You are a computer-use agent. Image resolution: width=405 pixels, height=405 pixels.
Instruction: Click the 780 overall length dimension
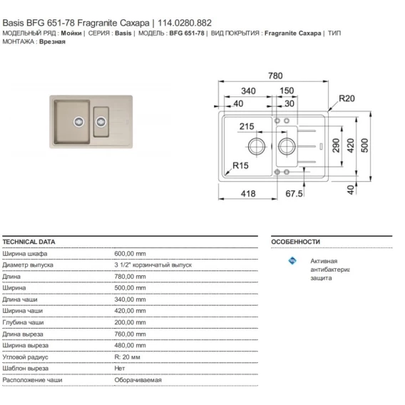click(x=275, y=76)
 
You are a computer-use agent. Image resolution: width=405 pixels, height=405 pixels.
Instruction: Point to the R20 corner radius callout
click(x=347, y=98)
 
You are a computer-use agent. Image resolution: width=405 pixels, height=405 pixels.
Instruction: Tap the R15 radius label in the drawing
click(x=240, y=165)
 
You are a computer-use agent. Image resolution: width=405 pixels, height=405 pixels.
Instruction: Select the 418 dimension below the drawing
click(x=248, y=193)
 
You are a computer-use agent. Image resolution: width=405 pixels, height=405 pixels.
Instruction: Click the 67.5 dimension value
click(x=294, y=193)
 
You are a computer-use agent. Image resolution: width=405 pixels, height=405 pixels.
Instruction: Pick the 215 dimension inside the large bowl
click(x=247, y=126)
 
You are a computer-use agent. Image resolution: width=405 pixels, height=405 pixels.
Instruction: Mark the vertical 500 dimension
click(x=364, y=145)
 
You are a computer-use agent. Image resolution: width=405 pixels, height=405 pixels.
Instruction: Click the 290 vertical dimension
click(x=336, y=145)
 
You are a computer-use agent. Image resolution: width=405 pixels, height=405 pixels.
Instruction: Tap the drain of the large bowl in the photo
click(x=78, y=122)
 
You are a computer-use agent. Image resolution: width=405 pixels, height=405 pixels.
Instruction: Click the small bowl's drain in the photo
click(x=101, y=122)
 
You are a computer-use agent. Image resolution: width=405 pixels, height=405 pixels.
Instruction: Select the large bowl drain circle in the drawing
click(x=257, y=146)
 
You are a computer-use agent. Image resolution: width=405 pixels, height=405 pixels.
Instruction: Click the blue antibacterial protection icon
click(x=292, y=261)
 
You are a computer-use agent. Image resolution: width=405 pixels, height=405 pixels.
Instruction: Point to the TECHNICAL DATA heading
click(x=29, y=242)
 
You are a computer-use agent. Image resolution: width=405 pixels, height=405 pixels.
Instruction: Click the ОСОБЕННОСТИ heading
click(x=295, y=242)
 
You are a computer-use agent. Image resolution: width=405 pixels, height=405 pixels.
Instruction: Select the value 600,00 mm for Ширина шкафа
click(x=130, y=254)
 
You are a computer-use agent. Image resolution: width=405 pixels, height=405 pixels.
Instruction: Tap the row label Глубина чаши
click(x=23, y=322)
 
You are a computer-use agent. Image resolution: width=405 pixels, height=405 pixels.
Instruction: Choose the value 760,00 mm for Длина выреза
click(x=130, y=334)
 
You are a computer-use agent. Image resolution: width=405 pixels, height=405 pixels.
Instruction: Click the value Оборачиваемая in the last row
click(x=138, y=380)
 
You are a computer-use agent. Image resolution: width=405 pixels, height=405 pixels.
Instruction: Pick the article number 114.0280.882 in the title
click(x=185, y=23)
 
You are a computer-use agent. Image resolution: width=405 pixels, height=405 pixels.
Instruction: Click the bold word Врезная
click(x=52, y=41)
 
